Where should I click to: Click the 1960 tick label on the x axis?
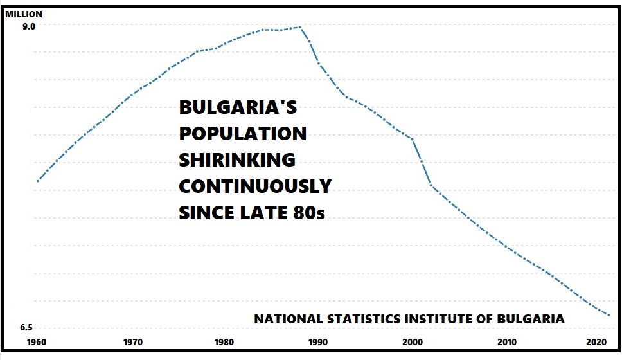pos(38,341)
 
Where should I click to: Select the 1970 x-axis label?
pos(132,341)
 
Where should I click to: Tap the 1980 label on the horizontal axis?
pos(224,341)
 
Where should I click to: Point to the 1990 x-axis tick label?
pos(317,341)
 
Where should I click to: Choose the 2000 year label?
pos(412,341)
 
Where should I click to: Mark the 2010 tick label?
pos(506,341)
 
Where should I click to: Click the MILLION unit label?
pos(24,14)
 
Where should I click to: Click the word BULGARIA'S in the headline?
pos(238,107)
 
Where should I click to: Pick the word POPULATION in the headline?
pos(243,133)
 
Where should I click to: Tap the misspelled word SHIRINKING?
pos(237,159)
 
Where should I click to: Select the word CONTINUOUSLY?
pos(255,186)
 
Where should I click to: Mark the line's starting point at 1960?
pos(38,181)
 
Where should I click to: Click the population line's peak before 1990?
pos(300,27)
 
